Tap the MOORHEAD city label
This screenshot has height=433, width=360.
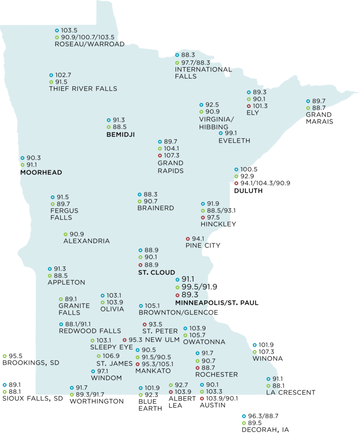click(x=41, y=173)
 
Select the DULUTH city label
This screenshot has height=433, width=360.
click(x=248, y=191)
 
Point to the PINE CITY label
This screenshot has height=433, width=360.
click(x=203, y=245)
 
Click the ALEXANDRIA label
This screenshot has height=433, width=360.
click(x=86, y=241)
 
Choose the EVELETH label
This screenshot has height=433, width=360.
click(x=234, y=141)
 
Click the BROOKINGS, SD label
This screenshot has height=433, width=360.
click(x=31, y=363)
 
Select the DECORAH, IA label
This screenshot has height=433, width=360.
click(x=265, y=430)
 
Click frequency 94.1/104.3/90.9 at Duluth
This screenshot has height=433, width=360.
click(x=266, y=183)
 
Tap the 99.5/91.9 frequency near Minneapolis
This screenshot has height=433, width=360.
click(x=199, y=287)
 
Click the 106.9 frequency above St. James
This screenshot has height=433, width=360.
click(x=110, y=356)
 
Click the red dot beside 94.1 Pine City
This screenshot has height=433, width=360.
click(x=188, y=238)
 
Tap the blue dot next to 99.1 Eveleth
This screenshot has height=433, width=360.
click(x=220, y=133)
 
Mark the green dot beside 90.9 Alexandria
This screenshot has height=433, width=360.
click(x=66, y=234)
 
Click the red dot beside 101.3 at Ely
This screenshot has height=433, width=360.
click(x=249, y=106)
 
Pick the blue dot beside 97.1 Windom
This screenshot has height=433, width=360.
click(x=93, y=371)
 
